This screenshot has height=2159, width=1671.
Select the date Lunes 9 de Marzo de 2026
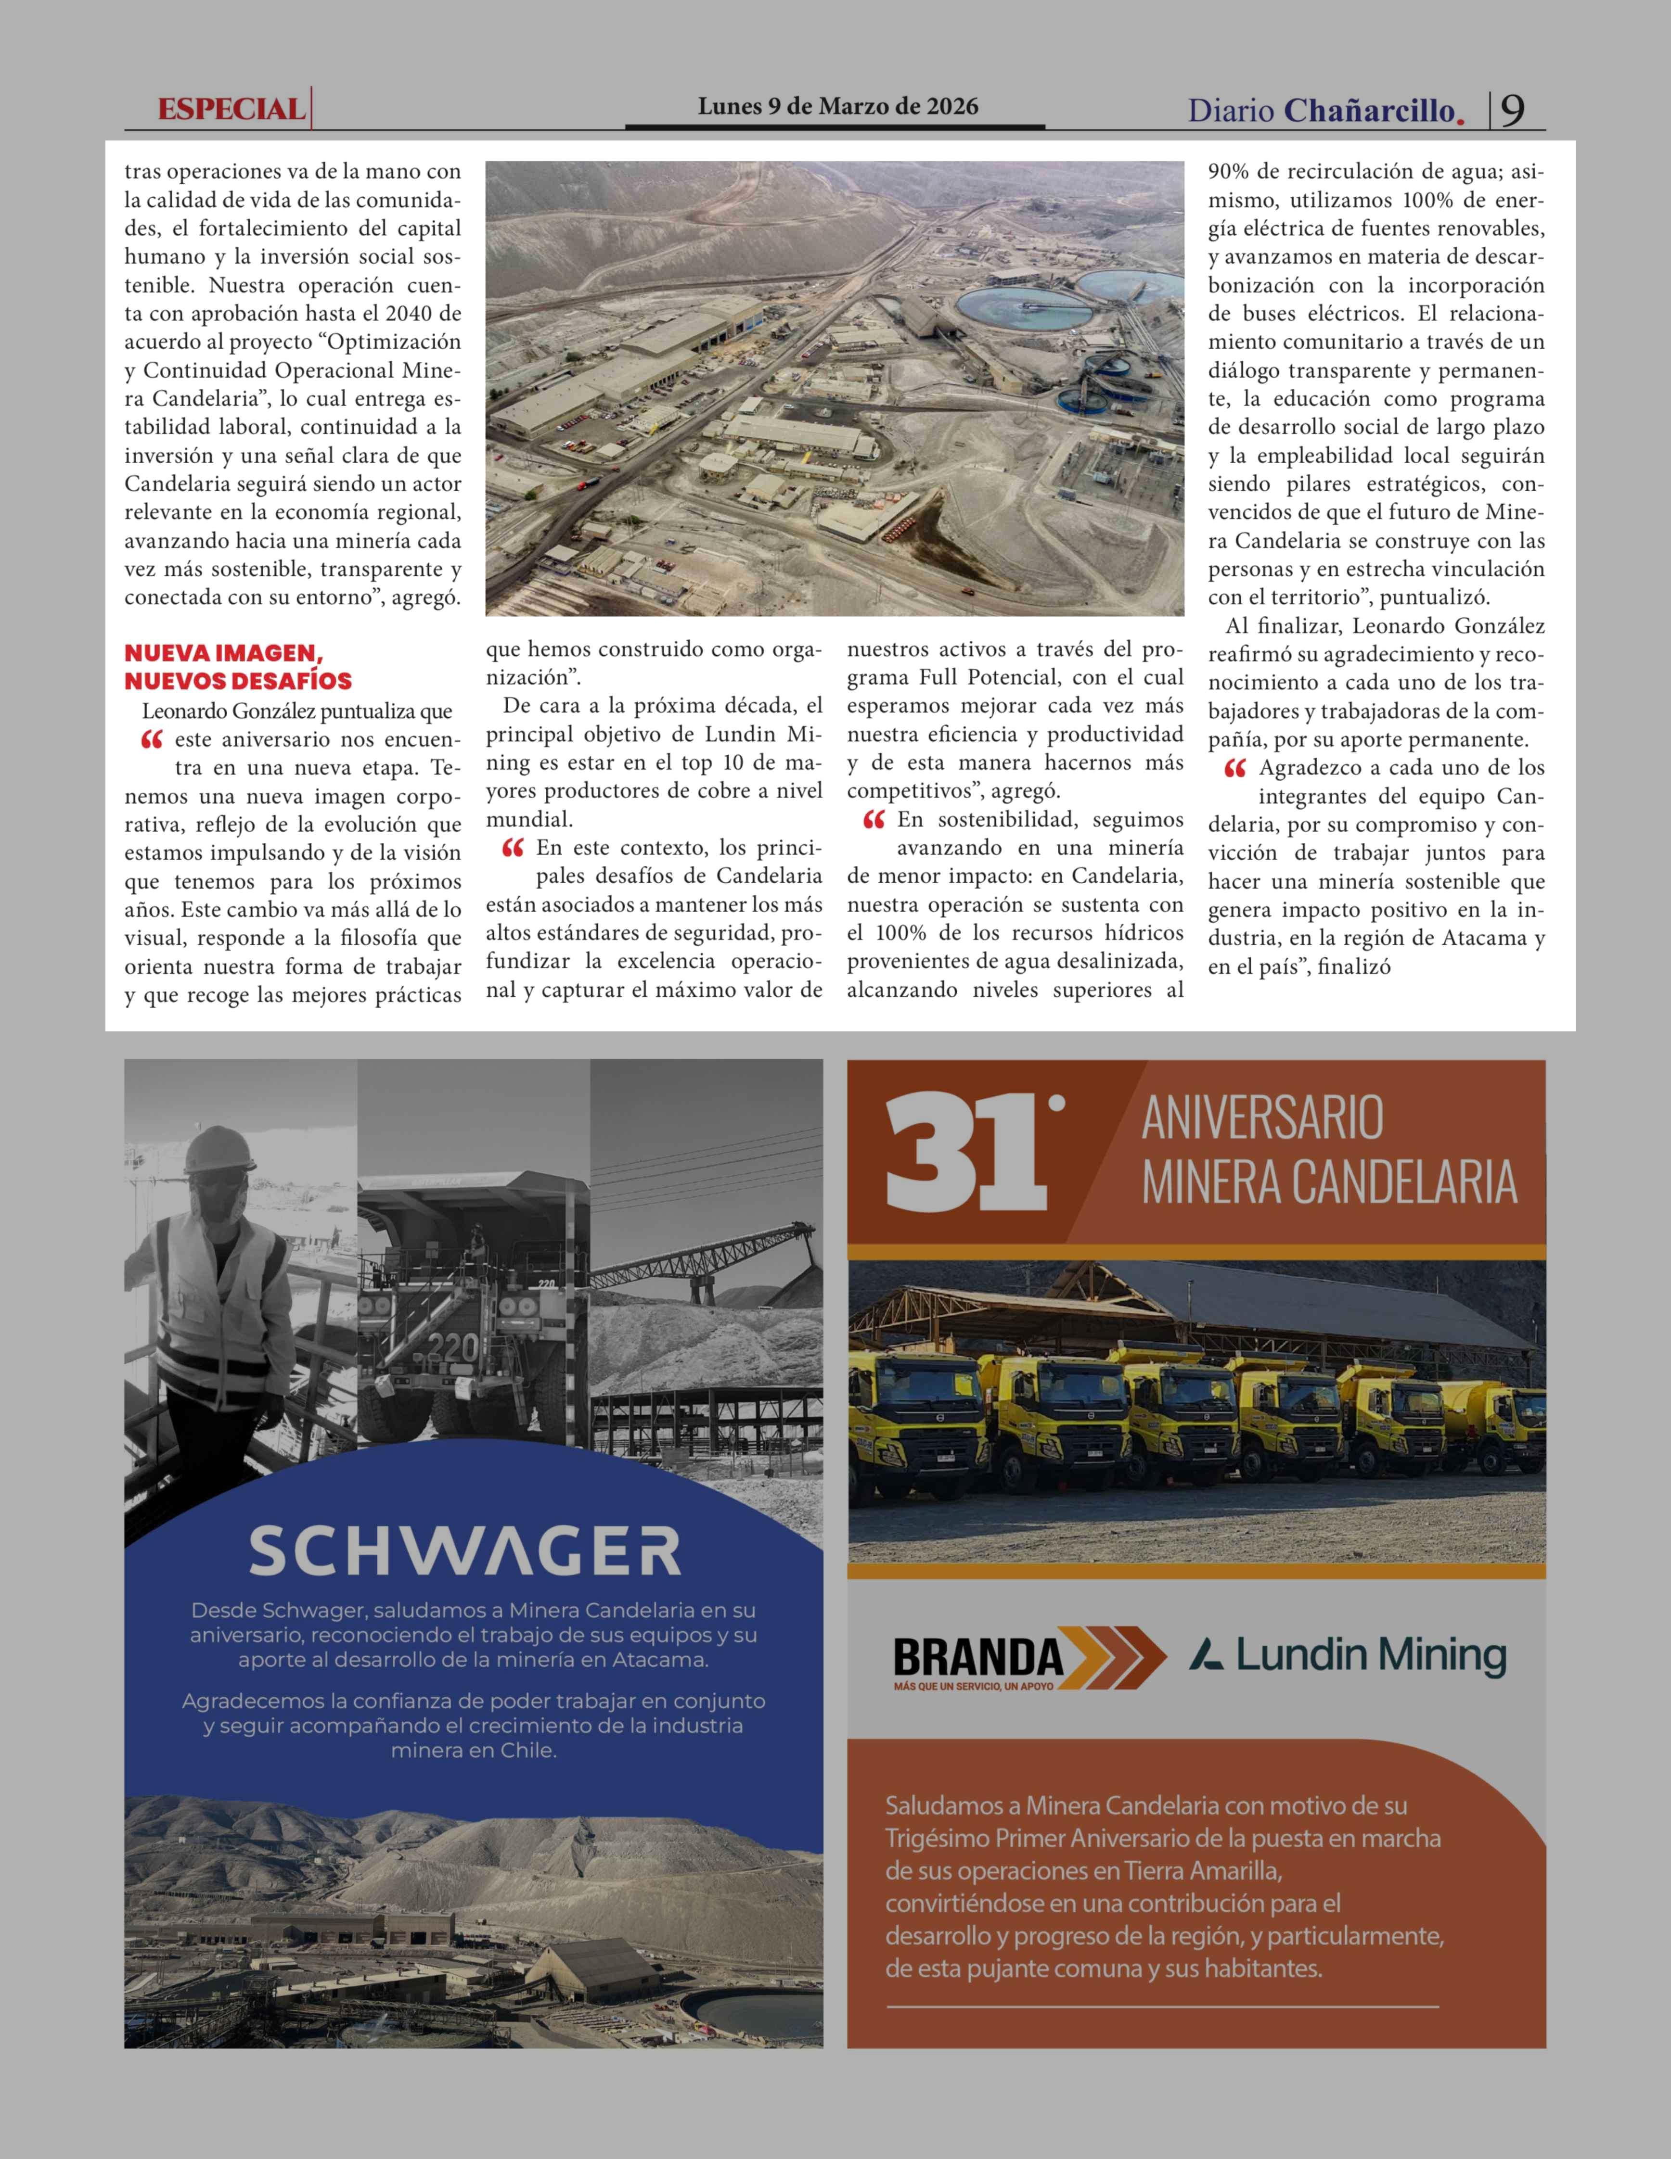coord(837,107)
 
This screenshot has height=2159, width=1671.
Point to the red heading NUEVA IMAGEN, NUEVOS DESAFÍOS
coord(237,667)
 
